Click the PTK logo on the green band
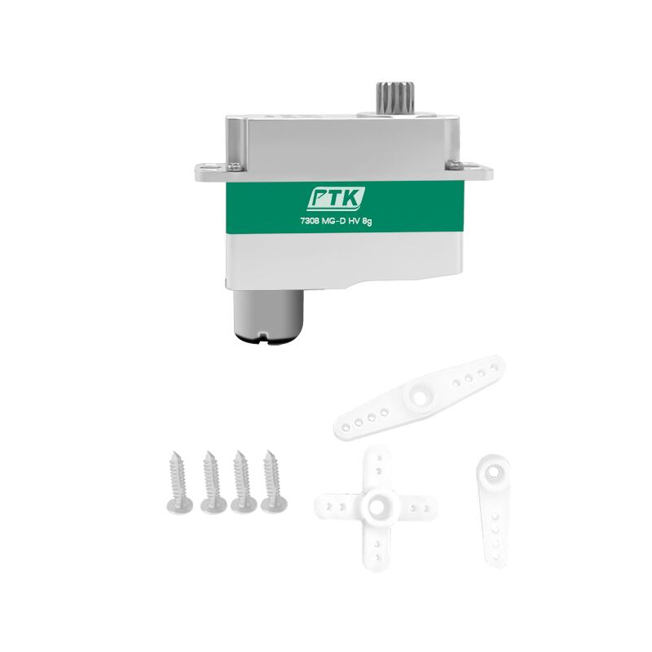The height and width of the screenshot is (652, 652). [336, 199]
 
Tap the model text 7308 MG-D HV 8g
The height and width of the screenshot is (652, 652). [336, 221]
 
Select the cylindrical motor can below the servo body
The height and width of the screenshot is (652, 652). [268, 316]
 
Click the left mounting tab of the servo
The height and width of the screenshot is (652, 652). [210, 172]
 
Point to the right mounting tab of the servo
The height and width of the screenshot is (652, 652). [477, 172]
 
